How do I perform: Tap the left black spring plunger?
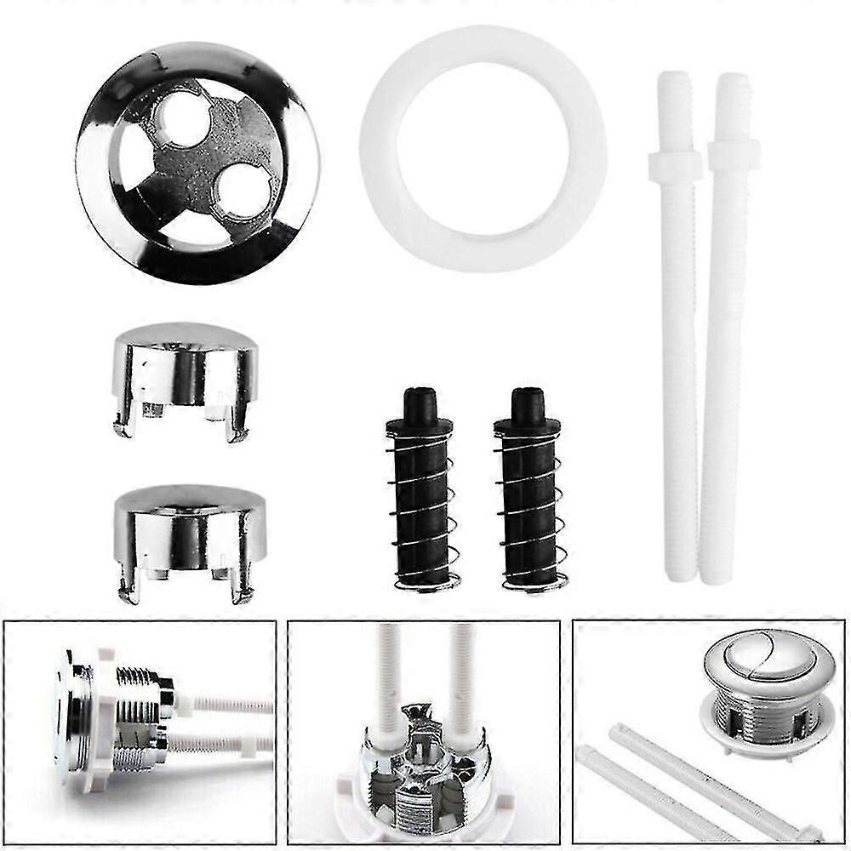coord(420,494)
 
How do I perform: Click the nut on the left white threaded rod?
coord(675,163)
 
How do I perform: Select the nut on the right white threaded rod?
coord(734,155)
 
